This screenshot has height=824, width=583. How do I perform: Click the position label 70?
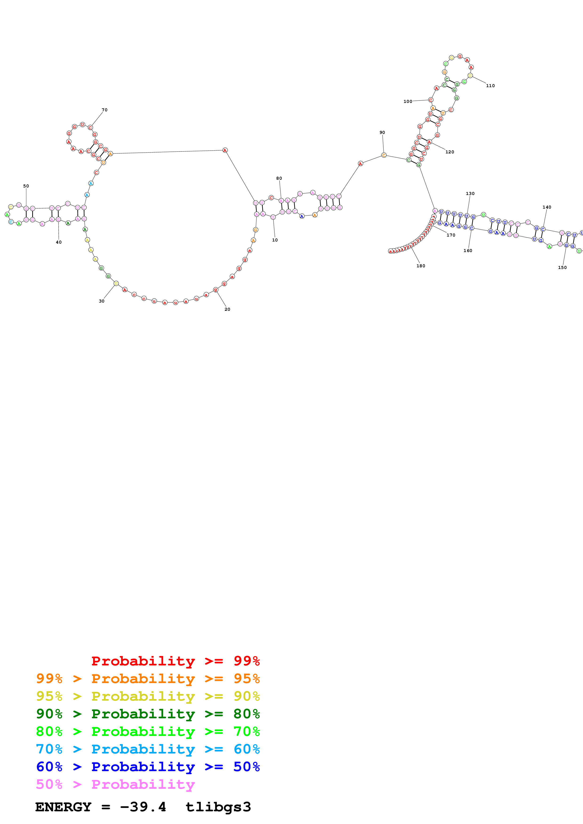coord(104,110)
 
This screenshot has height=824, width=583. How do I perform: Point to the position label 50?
coord(26,186)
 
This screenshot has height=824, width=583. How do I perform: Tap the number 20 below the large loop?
coord(227,309)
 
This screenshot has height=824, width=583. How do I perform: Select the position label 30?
coord(102,301)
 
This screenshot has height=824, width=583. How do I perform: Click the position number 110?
coord(490,86)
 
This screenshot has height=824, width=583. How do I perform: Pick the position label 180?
coord(421,266)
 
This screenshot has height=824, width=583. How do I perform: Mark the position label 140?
coord(547,207)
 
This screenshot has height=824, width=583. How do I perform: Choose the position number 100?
coord(408,101)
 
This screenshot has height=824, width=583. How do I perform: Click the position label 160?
coord(468,250)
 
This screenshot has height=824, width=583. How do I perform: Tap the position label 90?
coord(382,132)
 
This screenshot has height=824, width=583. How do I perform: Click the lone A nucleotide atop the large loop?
coord(225,150)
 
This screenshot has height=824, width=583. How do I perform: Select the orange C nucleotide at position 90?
coord(384,155)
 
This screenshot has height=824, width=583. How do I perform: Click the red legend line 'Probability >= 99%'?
coord(175,661)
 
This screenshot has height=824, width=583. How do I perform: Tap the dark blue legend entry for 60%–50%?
coord(148,767)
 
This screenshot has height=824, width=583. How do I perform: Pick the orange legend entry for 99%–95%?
coord(148,678)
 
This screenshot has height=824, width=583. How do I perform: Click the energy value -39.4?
coord(143,807)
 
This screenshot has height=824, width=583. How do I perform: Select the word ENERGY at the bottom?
coord(63,807)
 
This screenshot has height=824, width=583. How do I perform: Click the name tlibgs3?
coord(218,807)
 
